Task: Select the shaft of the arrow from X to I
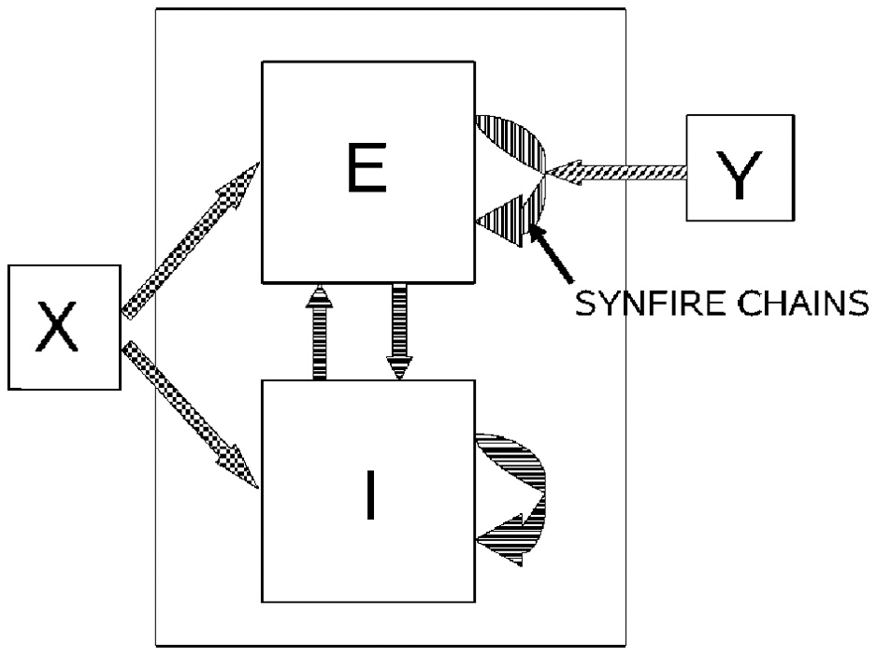pos(178,398)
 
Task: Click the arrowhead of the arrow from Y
pos(561,172)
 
